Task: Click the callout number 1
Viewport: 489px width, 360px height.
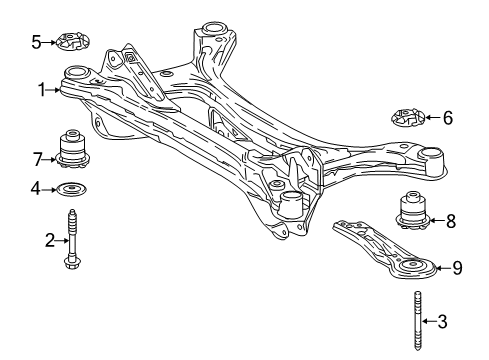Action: tap(42, 90)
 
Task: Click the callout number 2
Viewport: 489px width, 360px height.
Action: tap(48, 240)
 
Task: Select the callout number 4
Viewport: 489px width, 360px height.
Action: tap(35, 187)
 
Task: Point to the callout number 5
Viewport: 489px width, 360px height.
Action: tap(35, 42)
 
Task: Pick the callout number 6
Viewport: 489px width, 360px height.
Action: tap(447, 118)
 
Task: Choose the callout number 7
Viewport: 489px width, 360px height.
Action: tap(36, 158)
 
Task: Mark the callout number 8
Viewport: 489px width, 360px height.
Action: tap(450, 219)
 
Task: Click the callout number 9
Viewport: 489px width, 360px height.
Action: tap(457, 267)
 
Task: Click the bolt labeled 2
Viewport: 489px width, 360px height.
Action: tap(72, 242)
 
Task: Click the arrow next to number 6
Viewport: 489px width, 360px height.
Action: tap(431, 119)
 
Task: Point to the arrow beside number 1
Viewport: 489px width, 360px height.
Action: tap(55, 90)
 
